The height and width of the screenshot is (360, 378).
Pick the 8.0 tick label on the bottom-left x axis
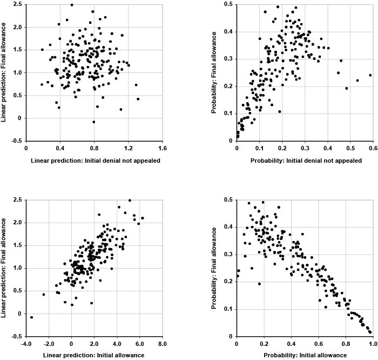click(x=161, y=343)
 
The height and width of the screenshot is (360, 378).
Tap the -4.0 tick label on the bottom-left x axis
click(x=26, y=343)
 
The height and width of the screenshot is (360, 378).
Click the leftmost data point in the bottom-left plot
click(x=31, y=317)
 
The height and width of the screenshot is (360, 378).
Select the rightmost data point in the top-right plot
click(x=370, y=75)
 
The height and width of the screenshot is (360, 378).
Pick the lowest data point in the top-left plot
click(x=93, y=122)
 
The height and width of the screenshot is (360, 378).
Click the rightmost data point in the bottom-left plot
click(x=142, y=218)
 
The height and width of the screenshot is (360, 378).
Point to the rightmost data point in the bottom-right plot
click(x=370, y=332)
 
